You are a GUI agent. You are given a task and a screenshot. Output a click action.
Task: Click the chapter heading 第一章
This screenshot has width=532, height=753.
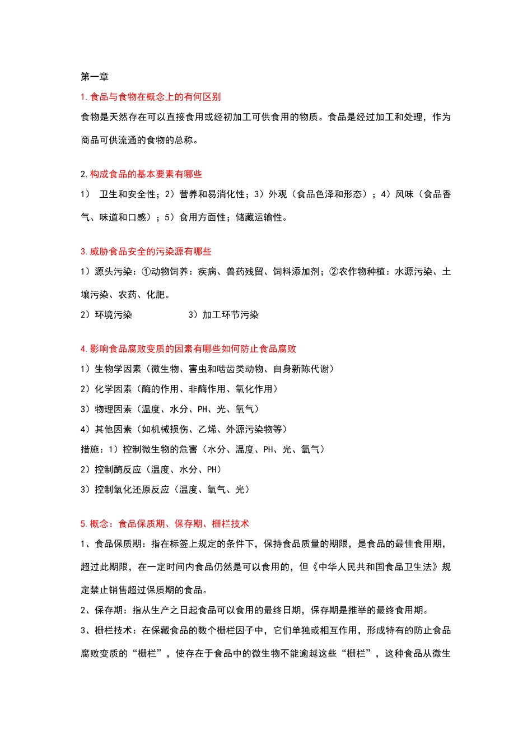(x=95, y=77)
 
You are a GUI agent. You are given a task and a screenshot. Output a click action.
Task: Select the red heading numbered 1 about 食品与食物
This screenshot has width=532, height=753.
(x=151, y=97)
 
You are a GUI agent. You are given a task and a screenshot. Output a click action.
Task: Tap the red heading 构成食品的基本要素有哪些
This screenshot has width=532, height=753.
(x=141, y=174)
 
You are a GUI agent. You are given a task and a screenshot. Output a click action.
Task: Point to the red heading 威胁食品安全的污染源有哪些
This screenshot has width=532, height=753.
(x=146, y=252)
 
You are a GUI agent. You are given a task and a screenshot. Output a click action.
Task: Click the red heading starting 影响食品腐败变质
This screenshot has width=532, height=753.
(x=188, y=349)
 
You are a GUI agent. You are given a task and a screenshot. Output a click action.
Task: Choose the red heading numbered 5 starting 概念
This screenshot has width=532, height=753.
(x=165, y=524)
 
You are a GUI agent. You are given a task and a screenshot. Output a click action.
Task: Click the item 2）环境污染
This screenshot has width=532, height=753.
(x=106, y=315)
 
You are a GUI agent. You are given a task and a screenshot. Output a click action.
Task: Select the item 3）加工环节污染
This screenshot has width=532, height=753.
(x=223, y=315)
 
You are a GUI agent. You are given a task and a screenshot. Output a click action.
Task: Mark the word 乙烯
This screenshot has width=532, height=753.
(x=207, y=429)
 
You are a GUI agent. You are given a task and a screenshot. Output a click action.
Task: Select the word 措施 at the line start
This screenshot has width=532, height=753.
(x=90, y=449)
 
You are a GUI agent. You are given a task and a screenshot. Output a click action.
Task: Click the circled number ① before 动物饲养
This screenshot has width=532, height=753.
(x=146, y=272)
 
